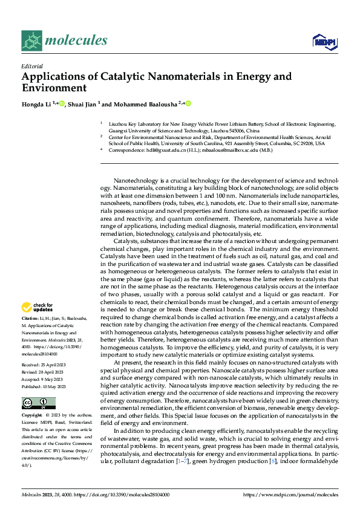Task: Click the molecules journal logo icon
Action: [x=31, y=40]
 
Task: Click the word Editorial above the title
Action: [x=32, y=66]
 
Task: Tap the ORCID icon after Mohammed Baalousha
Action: [x=188, y=104]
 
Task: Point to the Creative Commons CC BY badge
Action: [x=38, y=403]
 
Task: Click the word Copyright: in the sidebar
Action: [x=31, y=416]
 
